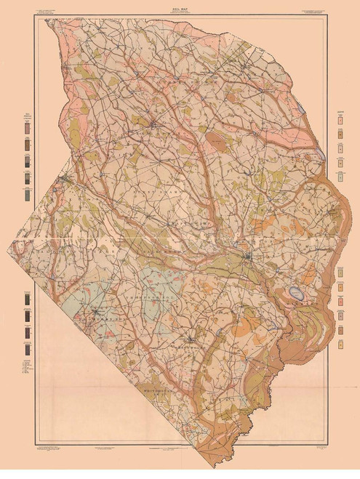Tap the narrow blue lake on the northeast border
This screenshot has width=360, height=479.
(x=321, y=153)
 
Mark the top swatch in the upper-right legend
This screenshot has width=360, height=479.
(x=340, y=117)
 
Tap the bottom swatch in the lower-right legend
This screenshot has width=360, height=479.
(x=340, y=331)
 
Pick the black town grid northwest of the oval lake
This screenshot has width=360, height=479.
(x=249, y=257)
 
